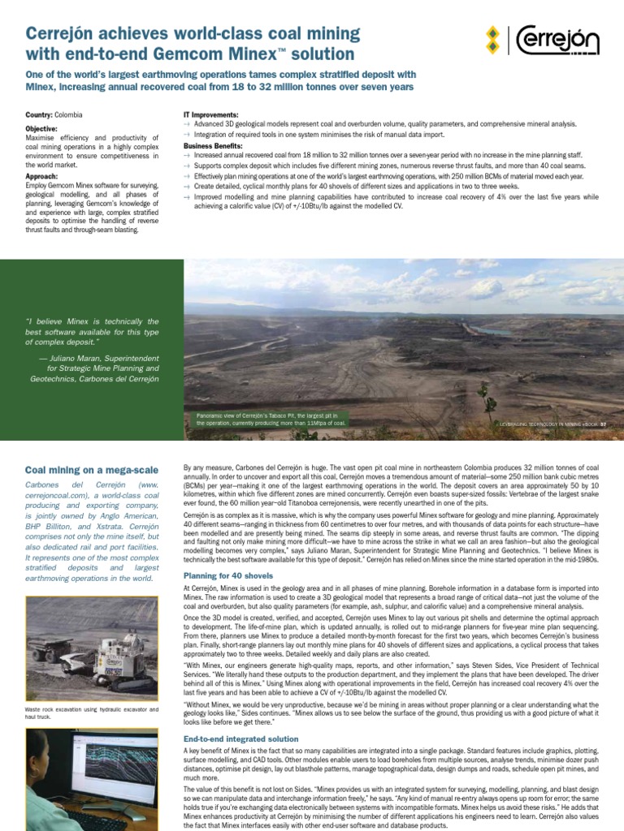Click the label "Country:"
click(40, 115)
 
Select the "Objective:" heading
click(41, 129)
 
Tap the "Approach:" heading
click(41, 175)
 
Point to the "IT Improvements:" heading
click(211, 115)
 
